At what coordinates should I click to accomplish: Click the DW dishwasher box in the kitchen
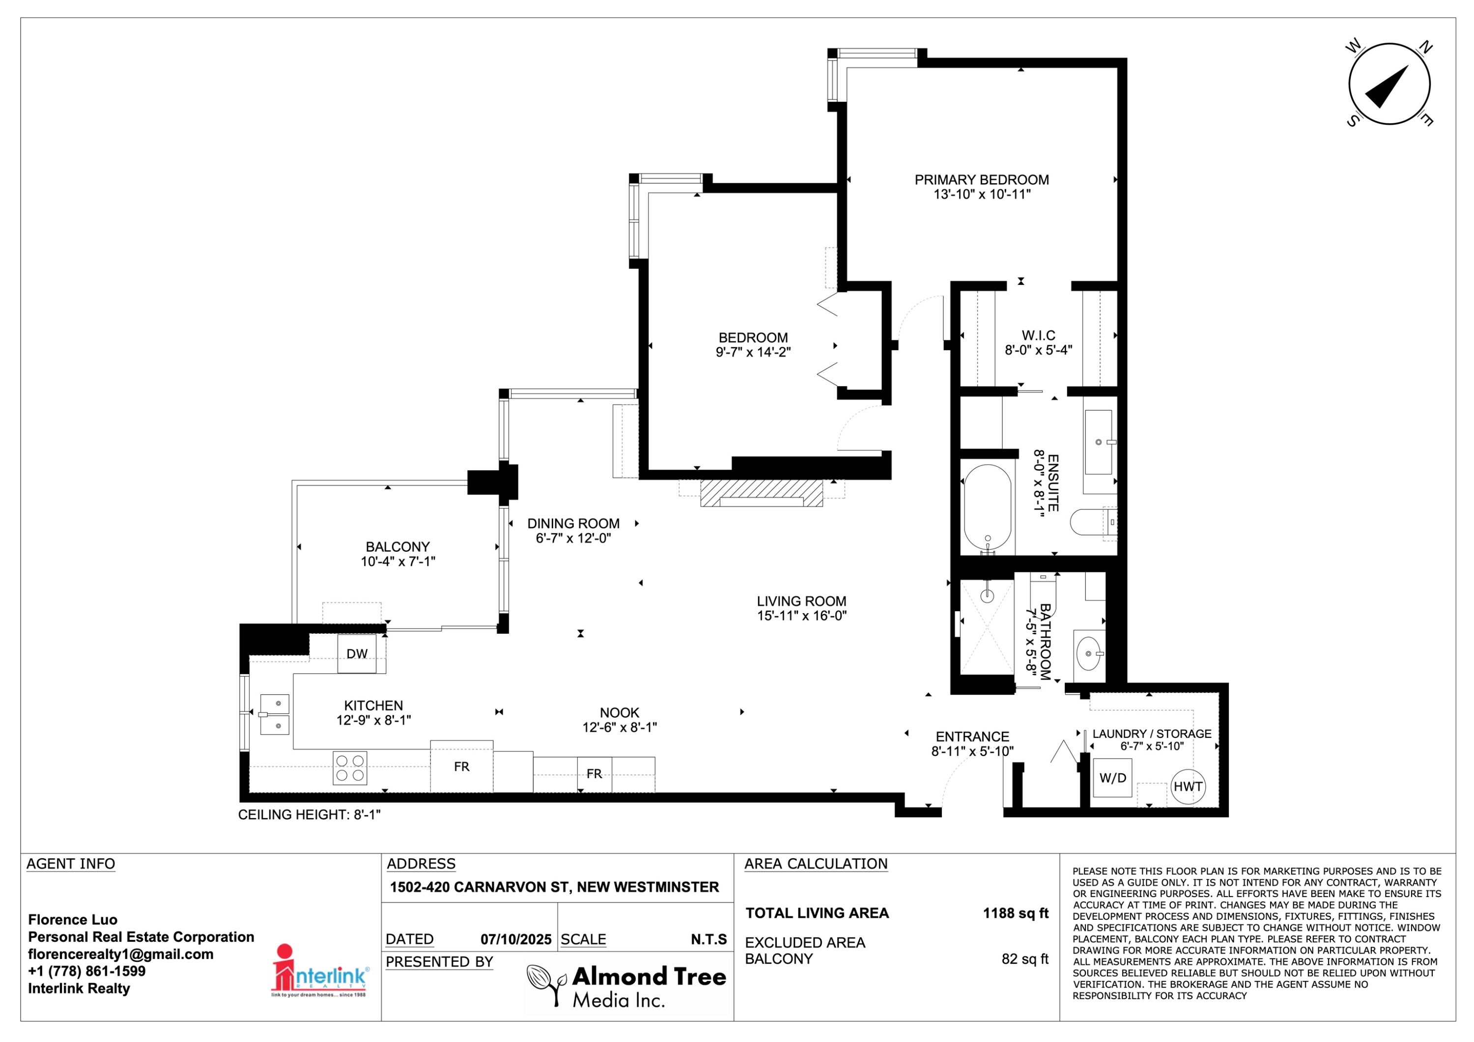357,653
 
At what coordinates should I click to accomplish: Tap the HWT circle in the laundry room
1188,787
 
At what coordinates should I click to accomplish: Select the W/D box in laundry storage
1112,778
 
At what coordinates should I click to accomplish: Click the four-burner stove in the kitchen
350,768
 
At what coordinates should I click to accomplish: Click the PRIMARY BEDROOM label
982,180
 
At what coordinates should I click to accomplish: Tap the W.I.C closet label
1038,336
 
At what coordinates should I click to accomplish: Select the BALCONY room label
397,547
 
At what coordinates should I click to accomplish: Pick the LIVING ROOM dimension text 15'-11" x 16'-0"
802,616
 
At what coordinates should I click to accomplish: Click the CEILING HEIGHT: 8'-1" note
310,815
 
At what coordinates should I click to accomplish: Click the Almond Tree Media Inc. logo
626,986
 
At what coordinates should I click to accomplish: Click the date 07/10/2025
516,939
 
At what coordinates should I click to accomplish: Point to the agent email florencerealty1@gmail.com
121,954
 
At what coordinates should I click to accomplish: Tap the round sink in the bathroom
1088,653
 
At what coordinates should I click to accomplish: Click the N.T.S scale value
709,939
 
